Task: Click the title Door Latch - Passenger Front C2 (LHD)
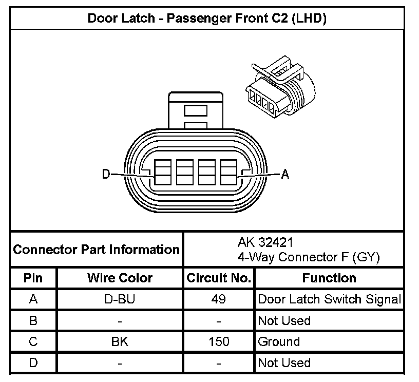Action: [x=207, y=18]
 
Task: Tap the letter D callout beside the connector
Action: [x=106, y=175]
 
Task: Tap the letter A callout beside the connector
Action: [x=285, y=175]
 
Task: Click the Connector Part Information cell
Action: [x=96, y=250]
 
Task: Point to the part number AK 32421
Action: [x=265, y=242]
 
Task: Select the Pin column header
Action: [x=33, y=278]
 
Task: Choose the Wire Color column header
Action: [x=120, y=278]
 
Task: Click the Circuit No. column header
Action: [x=219, y=278]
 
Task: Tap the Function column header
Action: [x=329, y=278]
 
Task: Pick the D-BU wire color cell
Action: [x=120, y=299]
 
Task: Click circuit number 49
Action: [x=219, y=299]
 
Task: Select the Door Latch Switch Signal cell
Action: [x=329, y=299]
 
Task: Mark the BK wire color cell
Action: [x=120, y=341]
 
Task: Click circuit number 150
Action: [x=219, y=341]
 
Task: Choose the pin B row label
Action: [x=33, y=321]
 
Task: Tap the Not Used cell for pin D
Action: [x=284, y=363]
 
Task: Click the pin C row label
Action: [x=33, y=341]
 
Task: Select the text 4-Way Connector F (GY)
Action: [x=308, y=257]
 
